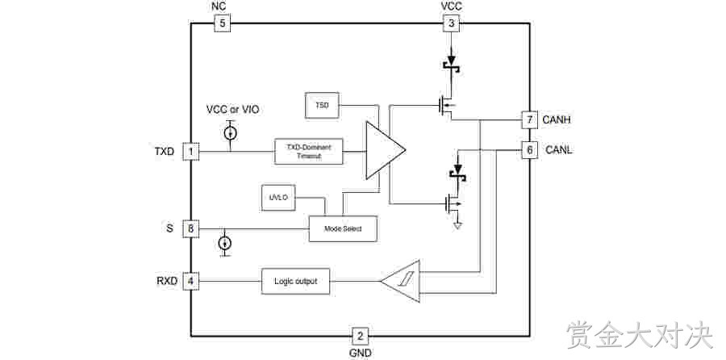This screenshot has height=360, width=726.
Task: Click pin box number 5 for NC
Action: click(223, 23)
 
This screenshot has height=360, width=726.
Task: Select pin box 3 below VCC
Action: click(452, 23)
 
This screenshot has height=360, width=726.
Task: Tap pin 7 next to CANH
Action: click(530, 119)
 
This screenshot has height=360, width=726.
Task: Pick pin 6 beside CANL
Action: click(530, 150)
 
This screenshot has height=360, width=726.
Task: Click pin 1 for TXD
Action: click(190, 152)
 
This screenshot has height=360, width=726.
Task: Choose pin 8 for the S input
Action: click(190, 229)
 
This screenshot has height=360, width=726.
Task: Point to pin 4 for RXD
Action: click(190, 281)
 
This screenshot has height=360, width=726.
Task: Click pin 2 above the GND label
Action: click(361, 336)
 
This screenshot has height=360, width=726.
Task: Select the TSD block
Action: click(322, 105)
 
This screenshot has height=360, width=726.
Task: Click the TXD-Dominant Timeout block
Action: click(309, 151)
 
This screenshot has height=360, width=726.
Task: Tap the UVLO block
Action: click(278, 198)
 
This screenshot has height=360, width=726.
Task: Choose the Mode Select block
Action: click(343, 229)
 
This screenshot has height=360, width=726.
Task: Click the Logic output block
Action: click(296, 281)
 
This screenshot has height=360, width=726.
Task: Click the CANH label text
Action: click(557, 120)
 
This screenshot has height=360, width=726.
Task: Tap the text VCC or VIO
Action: click(232, 110)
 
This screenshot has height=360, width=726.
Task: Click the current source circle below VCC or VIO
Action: click(230, 133)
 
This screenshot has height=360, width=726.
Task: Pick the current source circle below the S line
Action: click(224, 243)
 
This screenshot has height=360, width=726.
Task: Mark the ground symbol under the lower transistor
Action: click(458, 226)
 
